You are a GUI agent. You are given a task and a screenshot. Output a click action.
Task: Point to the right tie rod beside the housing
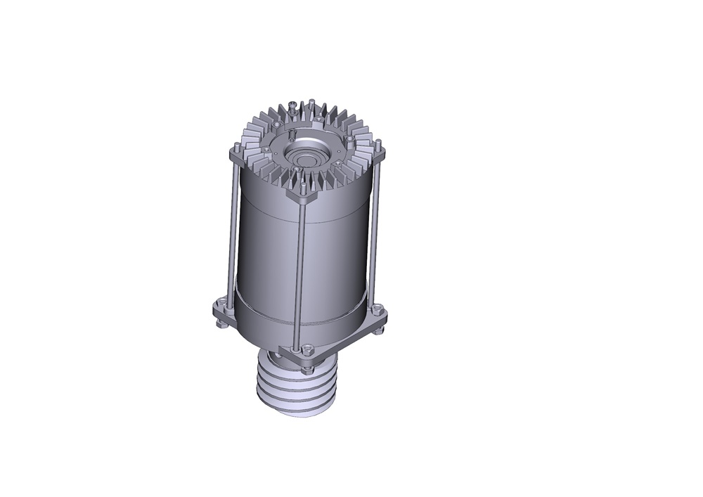click(375, 232)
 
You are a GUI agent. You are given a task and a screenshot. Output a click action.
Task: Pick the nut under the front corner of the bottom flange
click(307, 366)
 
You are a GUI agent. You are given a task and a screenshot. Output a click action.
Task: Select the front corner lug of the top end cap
click(302, 197)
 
